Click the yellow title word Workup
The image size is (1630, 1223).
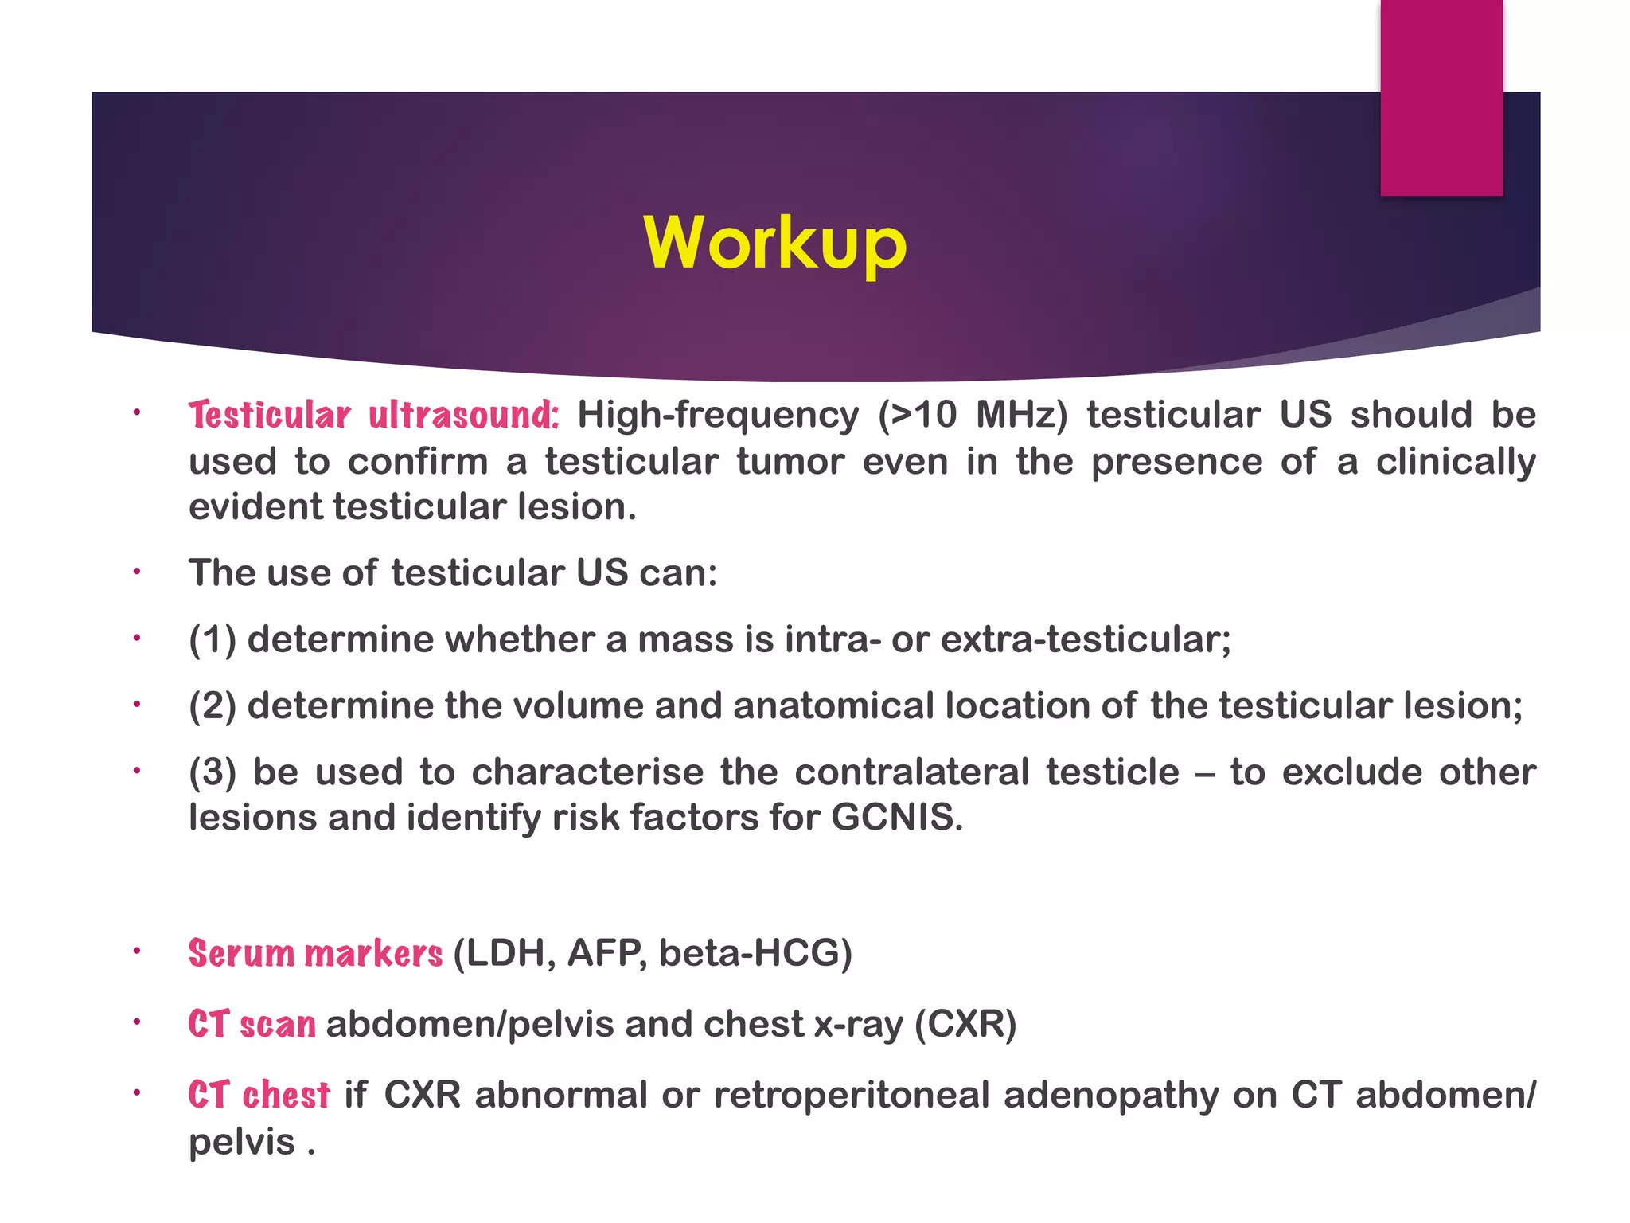point(774,243)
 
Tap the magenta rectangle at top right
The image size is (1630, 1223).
point(1441,97)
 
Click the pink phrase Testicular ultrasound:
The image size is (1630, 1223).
point(374,416)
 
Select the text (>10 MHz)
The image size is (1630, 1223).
point(972,415)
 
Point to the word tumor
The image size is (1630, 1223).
point(790,462)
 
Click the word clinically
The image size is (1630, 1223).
point(1456,462)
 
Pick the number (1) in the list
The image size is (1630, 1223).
point(212,639)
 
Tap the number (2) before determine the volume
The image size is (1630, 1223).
point(212,705)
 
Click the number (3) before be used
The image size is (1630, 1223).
point(212,772)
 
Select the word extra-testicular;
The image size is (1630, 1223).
point(1086,639)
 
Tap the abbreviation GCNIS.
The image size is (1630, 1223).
point(896,818)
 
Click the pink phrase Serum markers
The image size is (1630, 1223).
point(315,953)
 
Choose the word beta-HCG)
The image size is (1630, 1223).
point(755,953)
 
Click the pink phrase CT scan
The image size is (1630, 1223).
point(252,1024)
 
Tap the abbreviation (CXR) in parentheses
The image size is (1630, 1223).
point(965,1024)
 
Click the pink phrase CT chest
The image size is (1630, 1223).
point(259,1095)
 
